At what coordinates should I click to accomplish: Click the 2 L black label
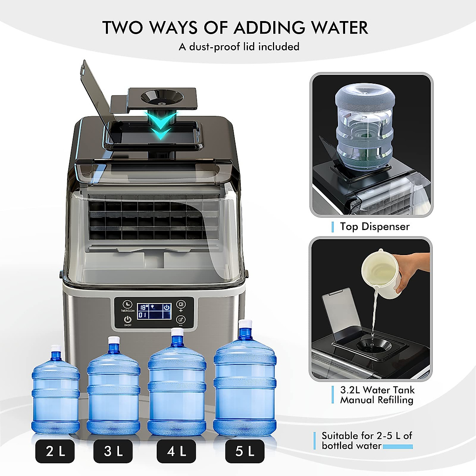coord(55,451)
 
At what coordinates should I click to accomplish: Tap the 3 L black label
coord(113,451)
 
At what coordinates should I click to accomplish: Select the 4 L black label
coord(176,451)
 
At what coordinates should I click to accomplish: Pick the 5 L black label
coord(244,451)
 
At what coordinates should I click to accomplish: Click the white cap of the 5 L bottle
coord(246,324)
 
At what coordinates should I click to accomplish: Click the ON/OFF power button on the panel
coord(128,319)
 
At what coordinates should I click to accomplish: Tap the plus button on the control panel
coord(181,305)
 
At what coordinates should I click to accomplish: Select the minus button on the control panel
coord(181,320)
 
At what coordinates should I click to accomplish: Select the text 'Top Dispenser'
coord(374,226)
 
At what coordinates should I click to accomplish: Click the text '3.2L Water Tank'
coord(377,390)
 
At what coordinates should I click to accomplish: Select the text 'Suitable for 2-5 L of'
coord(367,436)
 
